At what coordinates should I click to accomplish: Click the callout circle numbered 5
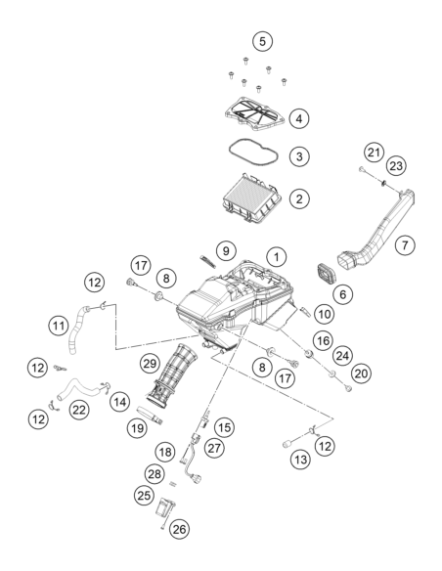(262, 41)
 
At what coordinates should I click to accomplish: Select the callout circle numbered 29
(150, 363)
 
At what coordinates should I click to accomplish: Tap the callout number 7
(405, 244)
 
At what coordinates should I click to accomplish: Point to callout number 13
(301, 460)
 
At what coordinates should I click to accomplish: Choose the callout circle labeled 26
(180, 529)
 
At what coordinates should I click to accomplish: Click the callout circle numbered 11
(59, 326)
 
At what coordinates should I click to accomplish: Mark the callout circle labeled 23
(396, 166)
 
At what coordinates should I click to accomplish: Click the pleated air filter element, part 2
(252, 198)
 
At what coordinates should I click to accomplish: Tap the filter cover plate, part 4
(254, 115)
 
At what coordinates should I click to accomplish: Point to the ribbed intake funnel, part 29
(172, 375)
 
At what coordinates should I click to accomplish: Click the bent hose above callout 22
(77, 387)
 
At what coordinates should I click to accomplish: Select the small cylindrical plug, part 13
(288, 445)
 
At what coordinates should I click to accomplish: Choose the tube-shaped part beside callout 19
(150, 415)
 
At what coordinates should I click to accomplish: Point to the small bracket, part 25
(165, 507)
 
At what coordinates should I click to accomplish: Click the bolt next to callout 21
(363, 169)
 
